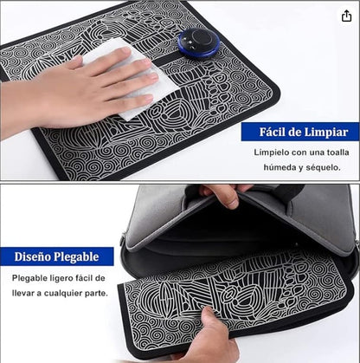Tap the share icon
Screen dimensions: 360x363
pos(346,16)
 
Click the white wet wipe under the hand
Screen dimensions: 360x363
pos(132,79)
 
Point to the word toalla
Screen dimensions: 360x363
pos(337,152)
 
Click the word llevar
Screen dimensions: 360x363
pos(22,293)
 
